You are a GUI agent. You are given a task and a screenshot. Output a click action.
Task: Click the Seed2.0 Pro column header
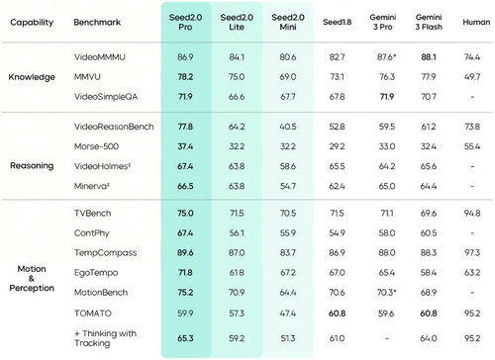(185, 22)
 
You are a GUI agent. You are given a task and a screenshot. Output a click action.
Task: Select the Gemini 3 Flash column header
(429, 22)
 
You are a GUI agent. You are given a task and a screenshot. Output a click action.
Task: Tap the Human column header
(476, 22)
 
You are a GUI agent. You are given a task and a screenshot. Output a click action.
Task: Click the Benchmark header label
(97, 22)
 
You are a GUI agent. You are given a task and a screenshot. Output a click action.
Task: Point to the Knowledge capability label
(32, 77)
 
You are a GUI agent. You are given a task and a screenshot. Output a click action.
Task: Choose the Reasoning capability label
(32, 166)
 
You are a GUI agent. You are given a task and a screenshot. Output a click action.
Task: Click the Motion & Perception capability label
(32, 278)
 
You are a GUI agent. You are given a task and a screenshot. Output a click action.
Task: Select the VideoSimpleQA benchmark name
(106, 97)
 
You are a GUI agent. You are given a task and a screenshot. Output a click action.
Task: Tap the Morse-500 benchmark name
(96, 146)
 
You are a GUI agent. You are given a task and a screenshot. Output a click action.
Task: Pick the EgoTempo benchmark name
(96, 273)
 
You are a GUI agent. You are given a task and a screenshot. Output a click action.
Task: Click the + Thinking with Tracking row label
(105, 338)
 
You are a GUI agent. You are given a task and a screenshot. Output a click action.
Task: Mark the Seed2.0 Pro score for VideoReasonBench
(185, 127)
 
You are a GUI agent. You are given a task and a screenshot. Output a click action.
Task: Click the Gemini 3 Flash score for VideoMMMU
(429, 57)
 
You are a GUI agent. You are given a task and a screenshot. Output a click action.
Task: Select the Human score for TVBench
(472, 214)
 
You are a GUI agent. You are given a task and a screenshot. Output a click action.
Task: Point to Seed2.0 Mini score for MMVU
(288, 77)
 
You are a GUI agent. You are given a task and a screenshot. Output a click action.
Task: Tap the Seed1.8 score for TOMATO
(337, 314)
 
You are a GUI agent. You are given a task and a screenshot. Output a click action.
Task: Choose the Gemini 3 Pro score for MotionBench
(386, 293)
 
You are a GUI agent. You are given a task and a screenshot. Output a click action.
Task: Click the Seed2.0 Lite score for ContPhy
(237, 233)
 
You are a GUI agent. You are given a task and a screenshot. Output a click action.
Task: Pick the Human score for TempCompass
(472, 253)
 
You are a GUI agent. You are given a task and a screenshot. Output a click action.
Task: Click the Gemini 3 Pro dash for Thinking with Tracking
(387, 338)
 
